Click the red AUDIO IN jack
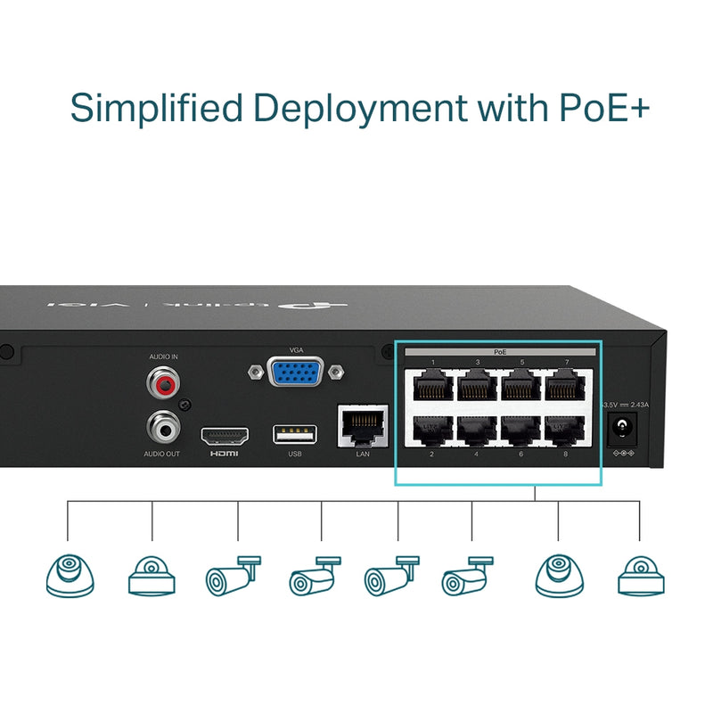(163, 384)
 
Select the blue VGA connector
(296, 372)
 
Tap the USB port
(295, 435)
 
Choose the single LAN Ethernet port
(362, 426)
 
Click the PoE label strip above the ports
(499, 353)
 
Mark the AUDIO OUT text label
(162, 454)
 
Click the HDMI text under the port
(224, 454)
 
